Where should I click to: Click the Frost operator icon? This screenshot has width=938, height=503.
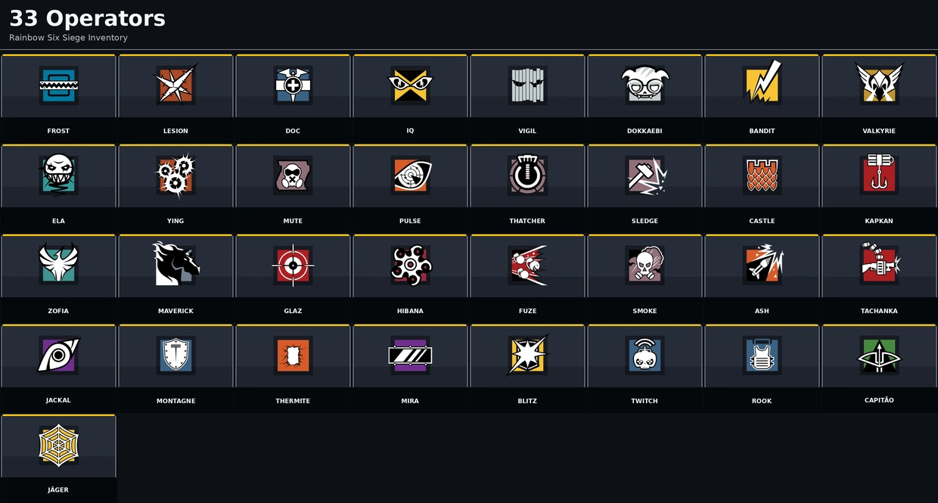point(58,85)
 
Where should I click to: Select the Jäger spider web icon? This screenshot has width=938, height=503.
point(58,446)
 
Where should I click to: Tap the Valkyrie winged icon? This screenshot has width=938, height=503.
point(879,82)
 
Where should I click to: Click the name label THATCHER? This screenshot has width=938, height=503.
point(527,221)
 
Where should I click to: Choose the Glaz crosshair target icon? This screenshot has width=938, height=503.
point(293,265)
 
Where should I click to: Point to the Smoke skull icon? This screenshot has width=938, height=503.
point(644,264)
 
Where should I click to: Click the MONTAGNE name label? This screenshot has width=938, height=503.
point(175,401)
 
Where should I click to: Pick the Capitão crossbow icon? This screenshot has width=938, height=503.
point(879,356)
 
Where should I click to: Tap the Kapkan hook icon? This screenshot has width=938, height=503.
point(879,173)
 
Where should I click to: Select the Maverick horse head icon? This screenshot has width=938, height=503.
point(175,263)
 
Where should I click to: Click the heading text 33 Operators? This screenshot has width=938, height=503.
point(87,18)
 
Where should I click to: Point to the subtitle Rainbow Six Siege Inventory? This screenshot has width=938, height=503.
point(68,38)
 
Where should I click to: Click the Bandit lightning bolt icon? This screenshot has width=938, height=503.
point(762,82)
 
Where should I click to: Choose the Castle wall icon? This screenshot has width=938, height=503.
point(762,175)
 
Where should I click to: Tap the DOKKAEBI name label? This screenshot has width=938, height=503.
point(644,131)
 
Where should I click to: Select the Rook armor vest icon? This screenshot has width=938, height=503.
point(762,356)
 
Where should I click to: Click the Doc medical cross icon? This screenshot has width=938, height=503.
point(293,85)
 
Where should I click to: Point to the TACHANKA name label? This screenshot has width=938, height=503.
point(879,311)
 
